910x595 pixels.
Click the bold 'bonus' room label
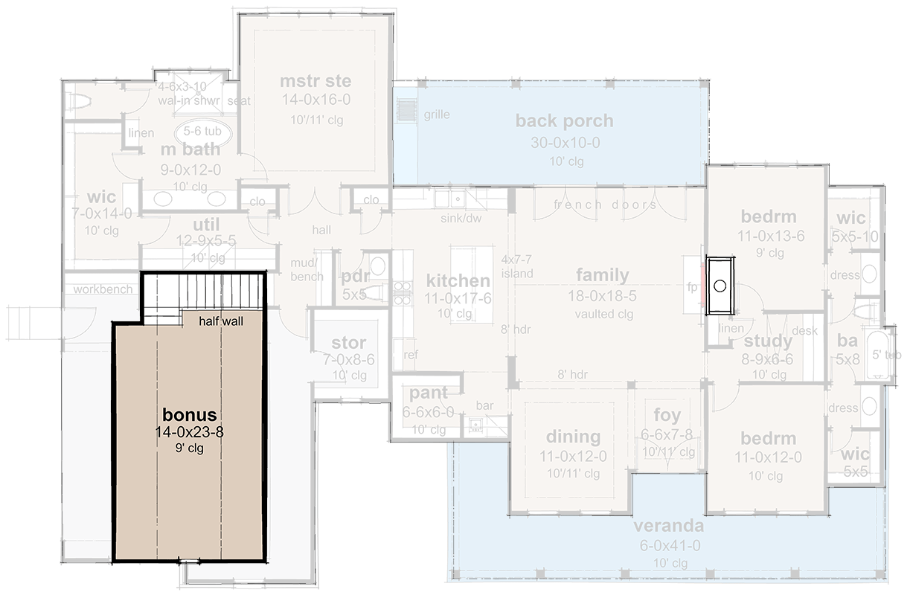pos(190,414)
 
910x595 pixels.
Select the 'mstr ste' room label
pos(315,81)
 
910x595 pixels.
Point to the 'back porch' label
pos(564,120)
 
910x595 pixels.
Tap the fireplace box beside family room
pos(720,285)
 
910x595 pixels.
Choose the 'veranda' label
pos(667,527)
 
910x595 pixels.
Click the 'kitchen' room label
pos(458,280)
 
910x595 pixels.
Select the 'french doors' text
pos(605,205)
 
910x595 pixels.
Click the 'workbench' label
pos(103,289)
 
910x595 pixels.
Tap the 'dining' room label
pos(573,437)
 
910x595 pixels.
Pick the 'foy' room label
pos(667,415)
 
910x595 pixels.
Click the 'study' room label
pos(768,341)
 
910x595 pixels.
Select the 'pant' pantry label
pos(429,393)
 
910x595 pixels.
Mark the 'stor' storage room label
pos(348,343)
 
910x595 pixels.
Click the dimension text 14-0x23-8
pos(190,431)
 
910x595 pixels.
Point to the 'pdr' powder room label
pos(354,277)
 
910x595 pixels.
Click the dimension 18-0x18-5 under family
pos(602,295)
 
